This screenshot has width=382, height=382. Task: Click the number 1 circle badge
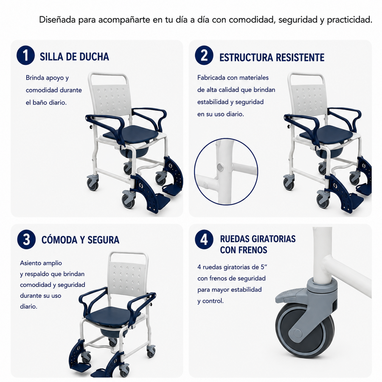pyautogui.click(x=25, y=55)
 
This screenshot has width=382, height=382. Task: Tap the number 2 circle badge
pyautogui.click(x=204, y=55)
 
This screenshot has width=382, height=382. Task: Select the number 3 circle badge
pyautogui.click(x=26, y=239)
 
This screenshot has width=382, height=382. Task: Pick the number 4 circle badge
pyautogui.click(x=204, y=239)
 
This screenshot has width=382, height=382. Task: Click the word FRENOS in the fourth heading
pyautogui.click(x=252, y=250)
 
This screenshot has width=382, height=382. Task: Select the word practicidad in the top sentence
pyautogui.click(x=350, y=20)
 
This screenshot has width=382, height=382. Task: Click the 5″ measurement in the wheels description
pyautogui.click(x=264, y=267)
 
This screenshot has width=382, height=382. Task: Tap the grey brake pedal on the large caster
pyautogui.click(x=288, y=296)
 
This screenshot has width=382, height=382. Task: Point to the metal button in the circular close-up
pyautogui.click(x=220, y=167)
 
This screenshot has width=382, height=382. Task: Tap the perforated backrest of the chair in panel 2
pyautogui.click(x=309, y=98)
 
